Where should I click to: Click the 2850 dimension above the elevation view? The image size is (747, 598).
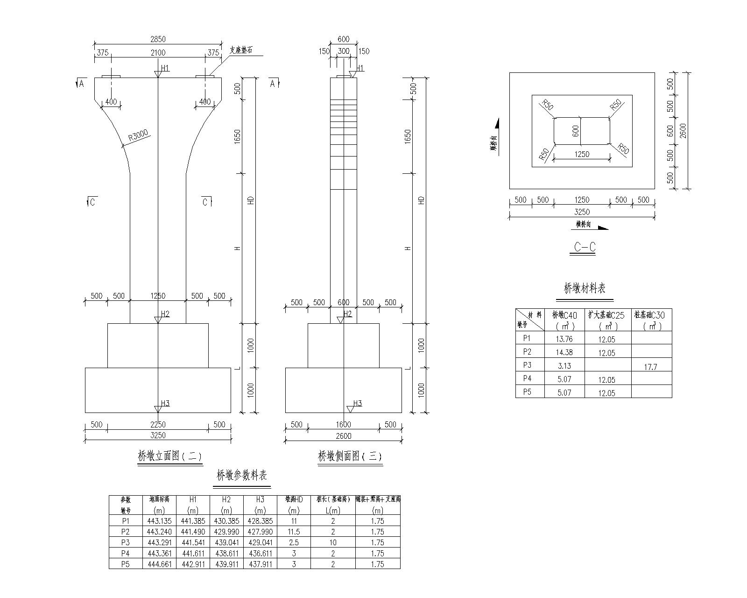158,39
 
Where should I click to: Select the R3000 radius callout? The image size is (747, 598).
138,136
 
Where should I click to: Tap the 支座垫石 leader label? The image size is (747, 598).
241,50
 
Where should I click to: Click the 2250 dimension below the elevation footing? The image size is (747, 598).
158,425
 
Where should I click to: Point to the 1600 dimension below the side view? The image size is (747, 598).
343,425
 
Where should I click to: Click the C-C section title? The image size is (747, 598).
585,247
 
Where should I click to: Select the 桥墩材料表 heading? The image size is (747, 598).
585,289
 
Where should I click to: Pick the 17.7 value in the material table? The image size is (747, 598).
650,367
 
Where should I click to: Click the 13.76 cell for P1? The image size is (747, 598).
564,339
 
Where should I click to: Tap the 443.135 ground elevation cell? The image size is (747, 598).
159,521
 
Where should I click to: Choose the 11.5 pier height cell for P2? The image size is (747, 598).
294,532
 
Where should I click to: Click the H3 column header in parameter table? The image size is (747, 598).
260,499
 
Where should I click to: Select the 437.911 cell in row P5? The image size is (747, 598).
260,564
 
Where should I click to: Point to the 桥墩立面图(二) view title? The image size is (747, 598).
170,456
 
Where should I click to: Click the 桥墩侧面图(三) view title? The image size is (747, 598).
350,456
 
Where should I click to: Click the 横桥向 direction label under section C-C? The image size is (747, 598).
583,225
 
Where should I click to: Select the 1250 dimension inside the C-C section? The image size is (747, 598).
581,154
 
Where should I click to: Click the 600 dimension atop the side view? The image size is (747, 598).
343,39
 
